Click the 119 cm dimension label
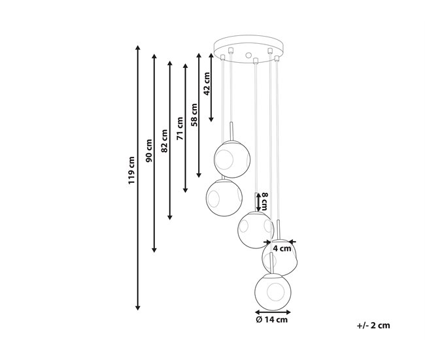131,170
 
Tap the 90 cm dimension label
149,151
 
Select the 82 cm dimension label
164,141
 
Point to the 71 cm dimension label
180,129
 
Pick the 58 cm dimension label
194,114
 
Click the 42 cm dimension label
207,84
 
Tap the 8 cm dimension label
264,201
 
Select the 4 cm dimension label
282,248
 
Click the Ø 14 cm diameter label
271,319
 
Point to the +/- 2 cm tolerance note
373,325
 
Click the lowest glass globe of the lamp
273,292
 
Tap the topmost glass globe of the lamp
232,159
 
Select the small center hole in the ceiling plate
248,56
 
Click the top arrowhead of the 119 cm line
138,48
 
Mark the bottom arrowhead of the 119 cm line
138,307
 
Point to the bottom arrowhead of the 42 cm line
211,119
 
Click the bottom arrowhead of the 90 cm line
154,250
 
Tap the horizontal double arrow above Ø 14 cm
273,312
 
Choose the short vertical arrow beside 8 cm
258,202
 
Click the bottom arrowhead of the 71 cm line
186,190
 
